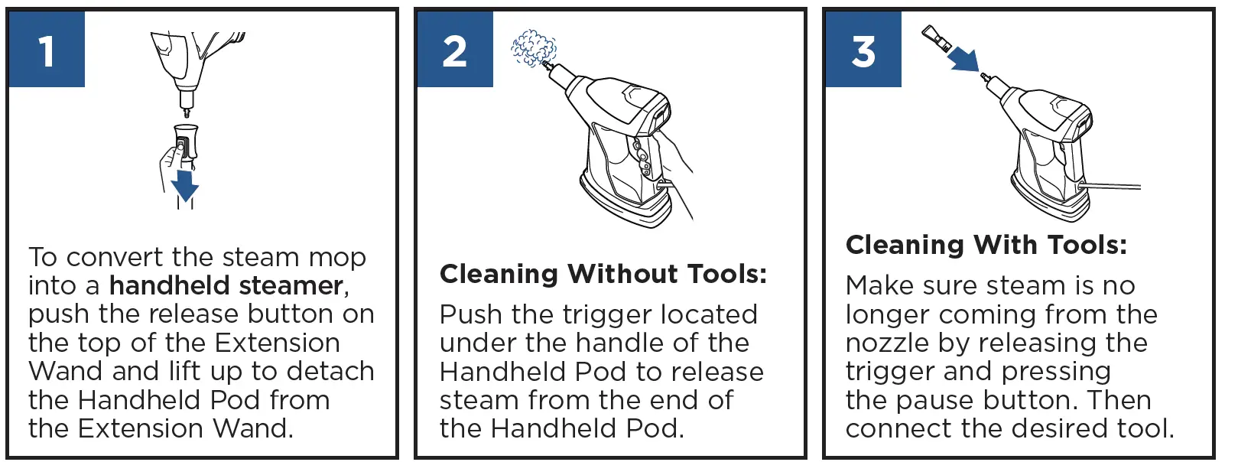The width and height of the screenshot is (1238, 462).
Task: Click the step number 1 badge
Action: tap(47, 50)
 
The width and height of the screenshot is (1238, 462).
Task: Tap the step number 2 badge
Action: tap(455, 50)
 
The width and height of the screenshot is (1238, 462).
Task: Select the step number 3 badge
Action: tap(863, 50)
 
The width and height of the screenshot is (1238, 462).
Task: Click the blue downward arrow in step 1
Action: tap(185, 186)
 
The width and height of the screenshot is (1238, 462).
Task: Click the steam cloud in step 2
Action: tap(533, 48)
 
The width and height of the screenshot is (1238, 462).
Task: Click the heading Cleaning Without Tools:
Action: tap(603, 274)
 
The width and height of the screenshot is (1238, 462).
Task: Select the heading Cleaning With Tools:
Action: tap(986, 245)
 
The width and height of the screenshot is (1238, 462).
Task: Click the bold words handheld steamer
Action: tap(226, 285)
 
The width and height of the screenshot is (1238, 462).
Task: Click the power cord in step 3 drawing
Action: tap(1113, 185)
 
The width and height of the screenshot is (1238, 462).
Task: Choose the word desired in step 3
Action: tap(1054, 428)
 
